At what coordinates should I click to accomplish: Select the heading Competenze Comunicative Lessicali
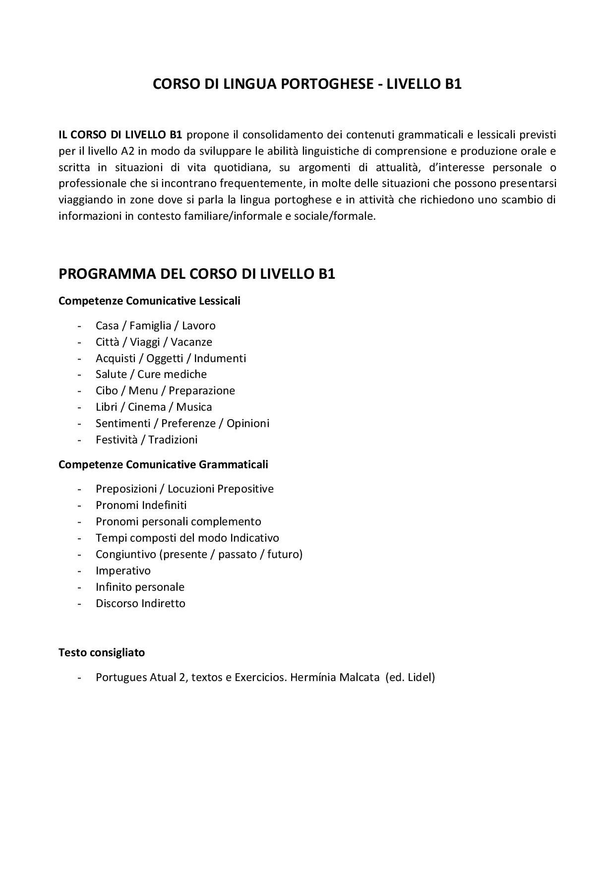pos(149,301)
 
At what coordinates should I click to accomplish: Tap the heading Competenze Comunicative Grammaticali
pos(163,464)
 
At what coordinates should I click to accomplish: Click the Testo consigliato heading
pos(102,652)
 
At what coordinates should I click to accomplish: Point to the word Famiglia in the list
pos(150,326)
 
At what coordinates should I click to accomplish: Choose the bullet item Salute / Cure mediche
pos(151,374)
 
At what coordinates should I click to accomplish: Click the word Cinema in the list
pos(147,407)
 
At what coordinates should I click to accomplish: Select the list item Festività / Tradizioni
pos(146,439)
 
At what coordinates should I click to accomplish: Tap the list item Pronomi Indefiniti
pos(141,505)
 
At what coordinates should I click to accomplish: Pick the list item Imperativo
pos(123,570)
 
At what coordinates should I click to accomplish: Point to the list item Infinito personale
pos(140,587)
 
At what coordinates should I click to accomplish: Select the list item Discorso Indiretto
pos(140,603)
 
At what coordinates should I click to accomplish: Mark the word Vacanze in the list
pos(191,342)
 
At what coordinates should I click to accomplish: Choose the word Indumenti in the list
pos(220,358)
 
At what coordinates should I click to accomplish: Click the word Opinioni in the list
pos(248,423)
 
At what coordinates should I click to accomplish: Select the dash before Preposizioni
pos(79,489)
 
